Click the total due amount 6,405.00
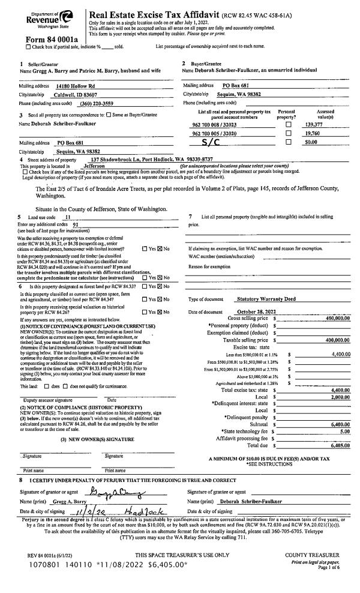point(339,430)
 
